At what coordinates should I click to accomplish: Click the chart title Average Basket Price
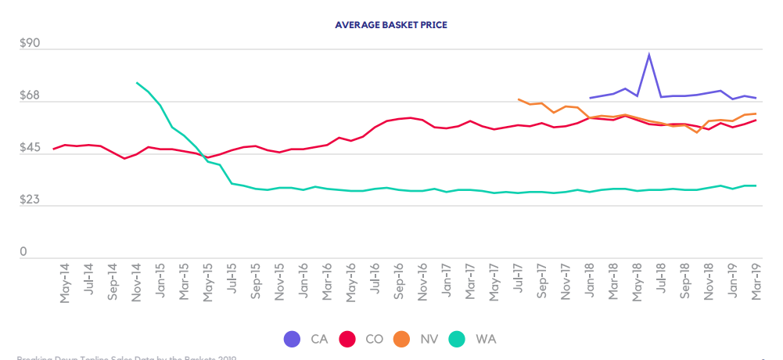tap(391, 24)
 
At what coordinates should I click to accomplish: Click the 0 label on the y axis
tap(23, 252)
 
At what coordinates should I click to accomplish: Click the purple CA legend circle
tap(291, 339)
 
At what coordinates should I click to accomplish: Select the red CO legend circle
tap(348, 339)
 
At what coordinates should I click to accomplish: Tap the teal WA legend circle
tap(458, 339)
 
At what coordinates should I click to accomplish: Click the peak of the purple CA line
tap(649, 54)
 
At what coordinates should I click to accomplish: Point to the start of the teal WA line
tap(137, 82)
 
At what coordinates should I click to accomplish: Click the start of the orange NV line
tap(519, 99)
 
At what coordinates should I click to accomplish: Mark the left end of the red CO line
tap(53, 149)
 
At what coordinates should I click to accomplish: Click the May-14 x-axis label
tap(64, 283)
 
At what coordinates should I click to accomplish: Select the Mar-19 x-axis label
tap(756, 283)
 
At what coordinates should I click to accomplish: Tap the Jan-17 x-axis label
tap(446, 283)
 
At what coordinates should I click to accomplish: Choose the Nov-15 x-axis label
tap(280, 283)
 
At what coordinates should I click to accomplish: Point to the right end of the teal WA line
tap(756, 185)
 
